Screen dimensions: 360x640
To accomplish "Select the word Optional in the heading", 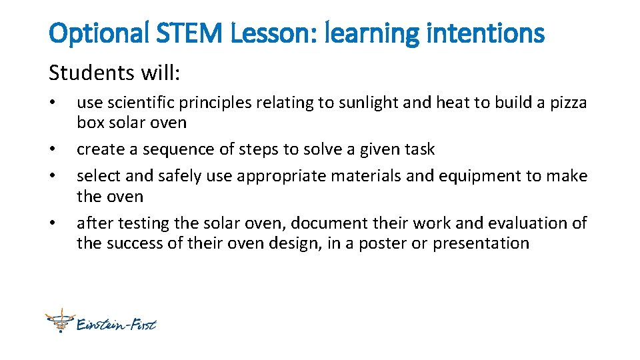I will coord(99,32).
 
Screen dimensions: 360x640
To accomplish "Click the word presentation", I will coord(481,243).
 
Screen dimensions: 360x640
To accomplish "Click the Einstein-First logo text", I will coord(117,325).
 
